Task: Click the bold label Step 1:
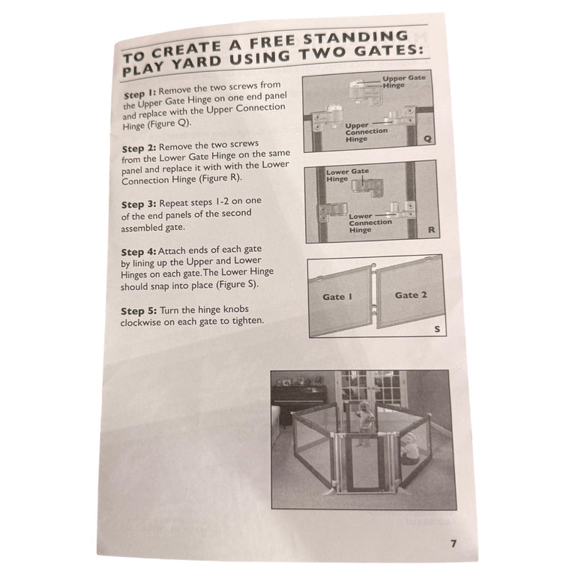140,94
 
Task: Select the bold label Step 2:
139,148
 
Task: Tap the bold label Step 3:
139,204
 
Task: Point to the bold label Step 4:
139,253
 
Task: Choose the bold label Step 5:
139,311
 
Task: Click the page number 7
454,544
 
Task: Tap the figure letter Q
427,139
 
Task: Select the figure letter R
432,230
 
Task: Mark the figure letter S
437,329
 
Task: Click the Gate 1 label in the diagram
337,297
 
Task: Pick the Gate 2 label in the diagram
411,295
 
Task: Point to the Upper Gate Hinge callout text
403,82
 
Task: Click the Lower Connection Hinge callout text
370,223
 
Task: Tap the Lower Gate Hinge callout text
347,175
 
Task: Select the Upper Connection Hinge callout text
366,132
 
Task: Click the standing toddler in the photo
364,422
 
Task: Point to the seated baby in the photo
410,449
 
